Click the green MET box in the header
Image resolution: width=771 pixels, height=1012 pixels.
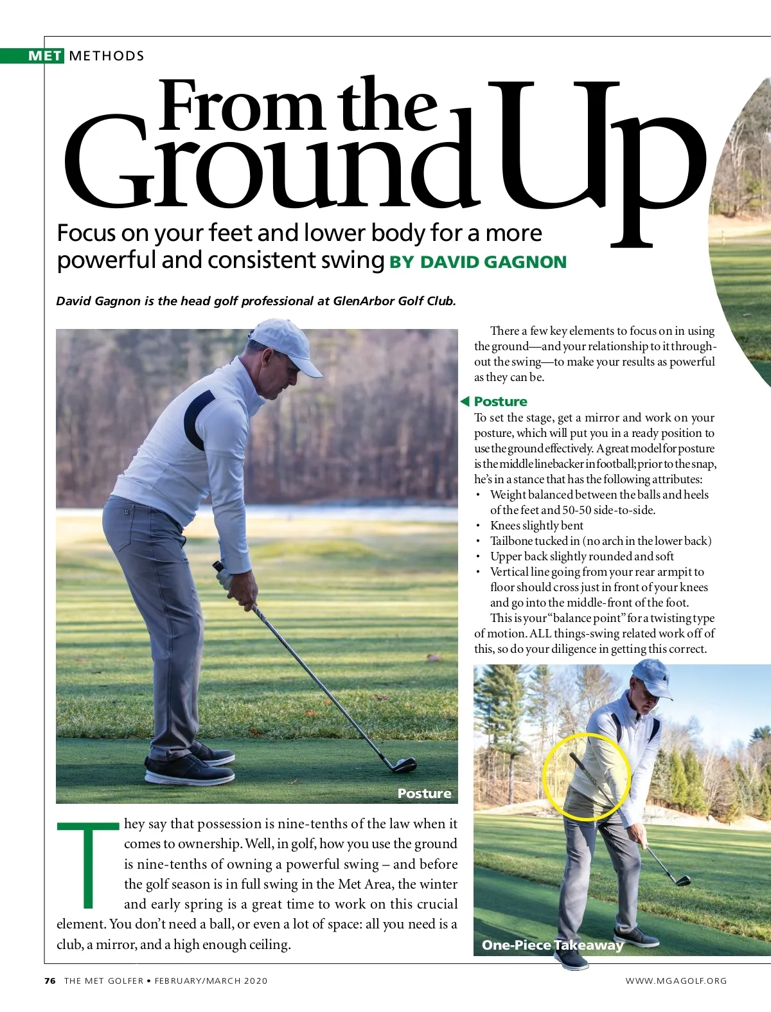pos(44,56)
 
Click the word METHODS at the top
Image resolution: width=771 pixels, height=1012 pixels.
pos(107,56)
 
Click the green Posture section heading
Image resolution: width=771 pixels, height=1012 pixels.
pos(501,402)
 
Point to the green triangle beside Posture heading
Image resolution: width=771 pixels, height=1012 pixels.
pos(465,402)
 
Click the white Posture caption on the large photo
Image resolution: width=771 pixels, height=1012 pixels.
pos(424,794)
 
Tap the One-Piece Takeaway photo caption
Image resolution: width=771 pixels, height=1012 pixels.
pos(553,945)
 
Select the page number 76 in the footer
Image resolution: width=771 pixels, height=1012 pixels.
pos(50,981)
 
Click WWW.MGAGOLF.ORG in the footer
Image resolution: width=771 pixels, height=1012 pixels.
pos(676,981)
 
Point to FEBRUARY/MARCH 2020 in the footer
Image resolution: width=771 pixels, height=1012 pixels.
pos(211,981)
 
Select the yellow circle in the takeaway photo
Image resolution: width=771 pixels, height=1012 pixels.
pos(586,776)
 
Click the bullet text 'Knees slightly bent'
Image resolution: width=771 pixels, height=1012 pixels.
pos(536,526)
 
